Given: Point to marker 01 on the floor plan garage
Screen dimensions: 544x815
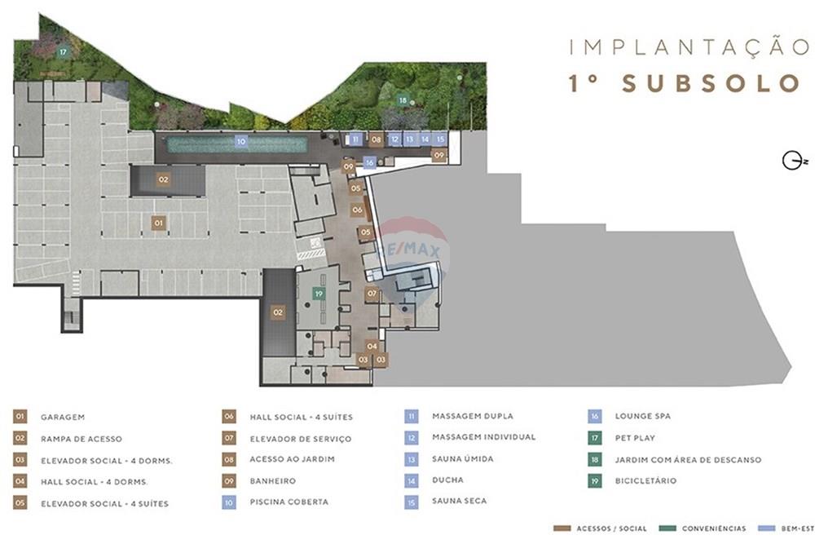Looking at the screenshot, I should click(159, 222).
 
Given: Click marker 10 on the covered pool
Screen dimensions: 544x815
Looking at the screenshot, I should click(240, 141).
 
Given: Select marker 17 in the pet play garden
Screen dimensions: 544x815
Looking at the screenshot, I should click(62, 52).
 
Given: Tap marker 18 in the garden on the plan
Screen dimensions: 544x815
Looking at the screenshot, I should click(403, 100).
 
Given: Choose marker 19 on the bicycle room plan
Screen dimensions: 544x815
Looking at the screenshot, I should click(319, 294).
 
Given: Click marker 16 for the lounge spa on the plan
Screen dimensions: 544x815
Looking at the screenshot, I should click(370, 162).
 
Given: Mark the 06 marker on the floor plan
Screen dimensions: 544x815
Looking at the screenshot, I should click(357, 210).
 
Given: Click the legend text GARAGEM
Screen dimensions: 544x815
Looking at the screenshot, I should click(63, 417).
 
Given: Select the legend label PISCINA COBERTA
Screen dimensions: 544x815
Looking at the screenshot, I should click(289, 502).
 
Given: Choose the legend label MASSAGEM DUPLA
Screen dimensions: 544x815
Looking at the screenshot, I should click(473, 417).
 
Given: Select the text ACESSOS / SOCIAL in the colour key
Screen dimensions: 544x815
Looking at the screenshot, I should click(613, 529).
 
